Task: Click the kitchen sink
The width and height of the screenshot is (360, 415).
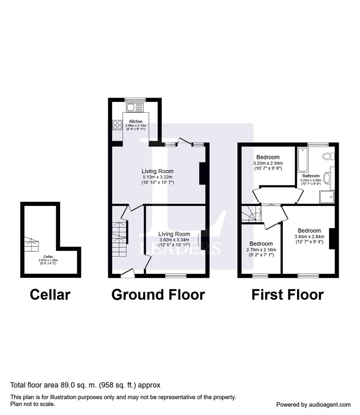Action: (x=135, y=108)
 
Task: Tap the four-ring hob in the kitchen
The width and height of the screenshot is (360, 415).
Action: (x=117, y=125)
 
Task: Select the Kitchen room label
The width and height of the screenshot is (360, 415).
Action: (x=136, y=121)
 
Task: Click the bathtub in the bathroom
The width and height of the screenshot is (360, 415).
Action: (x=303, y=160)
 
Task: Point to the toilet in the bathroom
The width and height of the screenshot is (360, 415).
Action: (x=328, y=156)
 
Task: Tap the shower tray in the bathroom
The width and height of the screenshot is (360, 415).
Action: (x=327, y=197)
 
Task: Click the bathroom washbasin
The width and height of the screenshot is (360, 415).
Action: (x=327, y=178)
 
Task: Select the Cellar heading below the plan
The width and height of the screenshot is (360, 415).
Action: (x=50, y=295)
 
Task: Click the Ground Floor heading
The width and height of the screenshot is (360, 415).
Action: (x=158, y=295)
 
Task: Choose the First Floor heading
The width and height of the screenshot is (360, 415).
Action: (x=287, y=295)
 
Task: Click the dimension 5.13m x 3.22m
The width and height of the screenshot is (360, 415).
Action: (x=157, y=177)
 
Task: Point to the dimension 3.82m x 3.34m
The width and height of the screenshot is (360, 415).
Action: (x=174, y=240)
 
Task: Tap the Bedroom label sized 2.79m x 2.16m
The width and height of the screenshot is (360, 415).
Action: (x=261, y=244)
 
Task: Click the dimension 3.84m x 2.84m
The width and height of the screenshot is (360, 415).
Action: (x=309, y=237)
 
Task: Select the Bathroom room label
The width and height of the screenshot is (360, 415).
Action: (x=311, y=176)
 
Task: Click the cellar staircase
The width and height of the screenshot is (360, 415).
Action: (x=32, y=244)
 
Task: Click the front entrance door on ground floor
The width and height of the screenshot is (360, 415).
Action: (x=128, y=273)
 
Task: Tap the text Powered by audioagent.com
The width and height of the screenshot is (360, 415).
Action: (x=313, y=405)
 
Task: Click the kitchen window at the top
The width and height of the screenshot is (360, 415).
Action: (x=135, y=100)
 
